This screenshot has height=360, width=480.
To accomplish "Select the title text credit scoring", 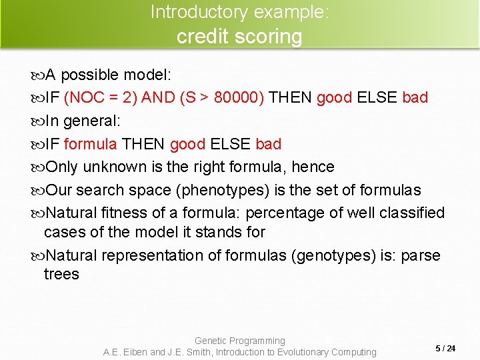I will click(239, 36).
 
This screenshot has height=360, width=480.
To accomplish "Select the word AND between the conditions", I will click(158, 98).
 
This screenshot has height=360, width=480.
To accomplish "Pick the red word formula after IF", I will click(91, 144).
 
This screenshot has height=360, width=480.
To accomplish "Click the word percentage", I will click(287, 213).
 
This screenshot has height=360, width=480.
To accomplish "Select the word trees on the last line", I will click(61, 274).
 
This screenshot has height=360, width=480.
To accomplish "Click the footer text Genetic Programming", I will click(239, 341).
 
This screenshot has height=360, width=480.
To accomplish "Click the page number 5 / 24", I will click(445, 349).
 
